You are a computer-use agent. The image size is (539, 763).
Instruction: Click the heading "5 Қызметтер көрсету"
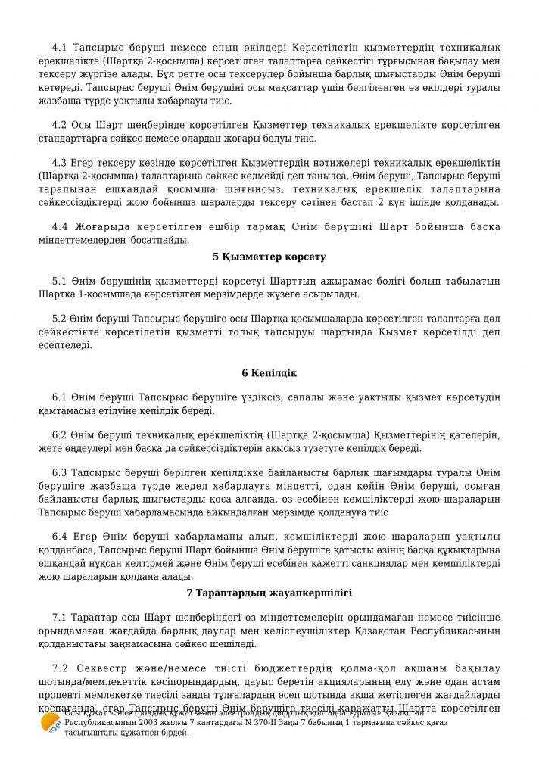pos(269,257)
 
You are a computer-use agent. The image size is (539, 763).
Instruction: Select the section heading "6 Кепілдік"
pos(269,373)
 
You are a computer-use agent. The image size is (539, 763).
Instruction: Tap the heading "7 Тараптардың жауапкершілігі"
pos(269,591)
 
